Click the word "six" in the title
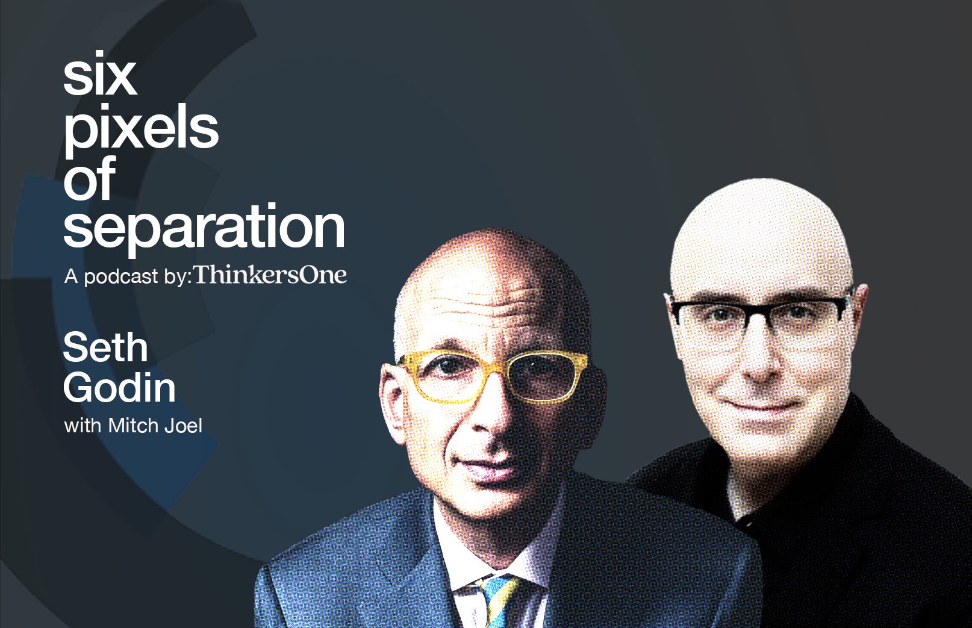[100, 74]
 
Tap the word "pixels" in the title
[141, 129]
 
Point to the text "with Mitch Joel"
[133, 426]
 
